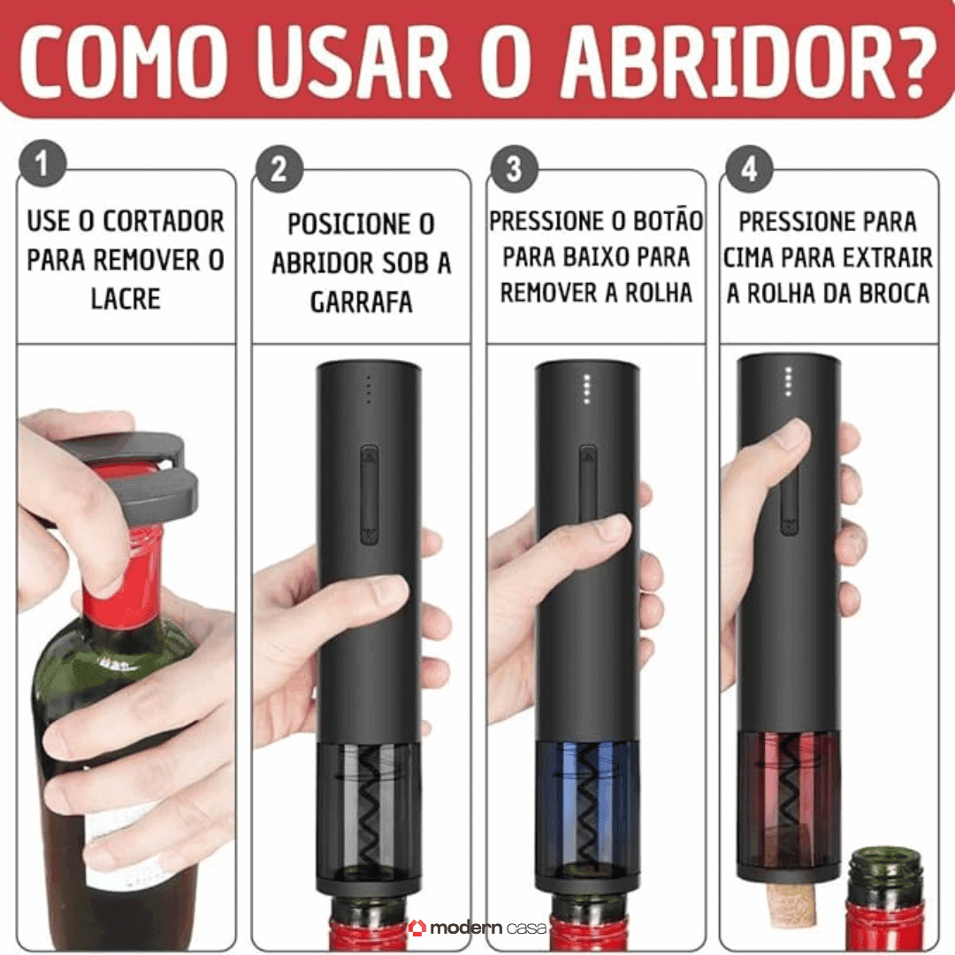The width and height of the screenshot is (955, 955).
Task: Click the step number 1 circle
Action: coord(42,166)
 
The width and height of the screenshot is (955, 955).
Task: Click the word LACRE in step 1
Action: coord(126,299)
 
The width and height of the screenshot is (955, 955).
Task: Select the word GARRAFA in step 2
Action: coord(361,302)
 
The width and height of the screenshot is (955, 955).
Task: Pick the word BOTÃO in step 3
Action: coord(658,220)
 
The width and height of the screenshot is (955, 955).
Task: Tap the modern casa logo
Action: coord(477,927)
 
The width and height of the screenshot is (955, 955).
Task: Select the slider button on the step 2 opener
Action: coord(369,495)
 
